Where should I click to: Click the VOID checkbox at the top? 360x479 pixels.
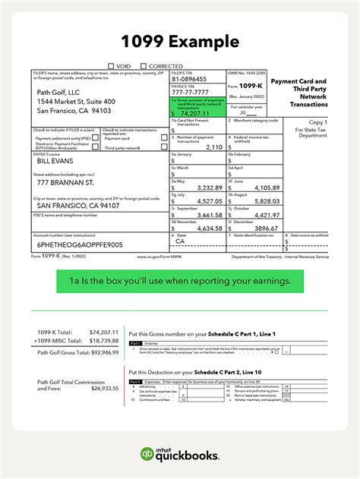pos(112,66)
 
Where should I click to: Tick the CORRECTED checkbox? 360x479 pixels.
pos(144,66)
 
